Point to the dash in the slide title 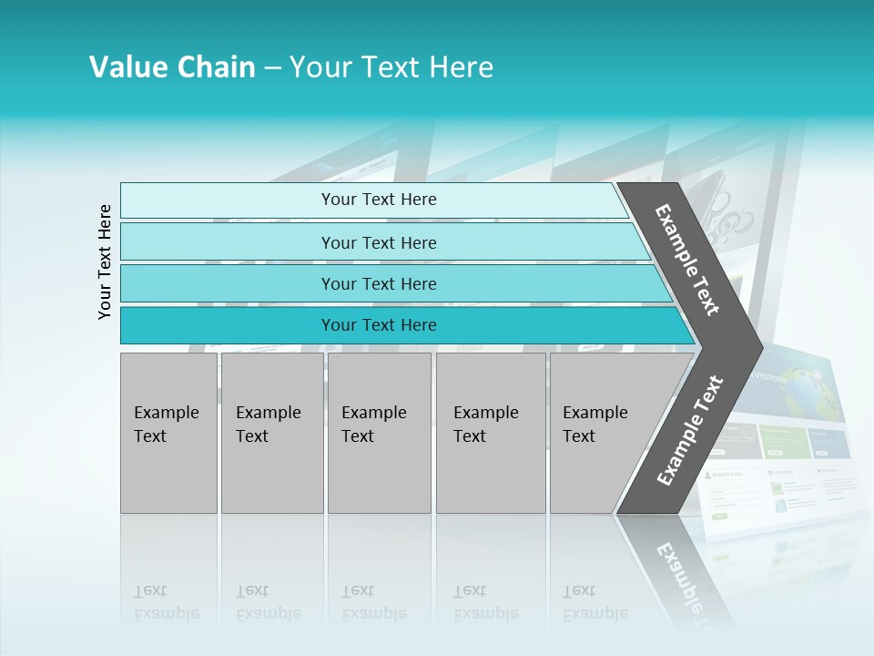272,68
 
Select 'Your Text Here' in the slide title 391,67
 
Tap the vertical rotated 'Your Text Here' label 105,261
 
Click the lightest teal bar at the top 378,200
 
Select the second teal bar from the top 378,242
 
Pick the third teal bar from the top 378,283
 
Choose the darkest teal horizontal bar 378,325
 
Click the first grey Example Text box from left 168,433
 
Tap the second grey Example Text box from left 272,433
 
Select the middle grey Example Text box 379,433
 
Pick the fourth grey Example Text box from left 491,433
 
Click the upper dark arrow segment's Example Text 687,260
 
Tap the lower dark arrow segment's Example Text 689,430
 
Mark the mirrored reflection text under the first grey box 166,602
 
